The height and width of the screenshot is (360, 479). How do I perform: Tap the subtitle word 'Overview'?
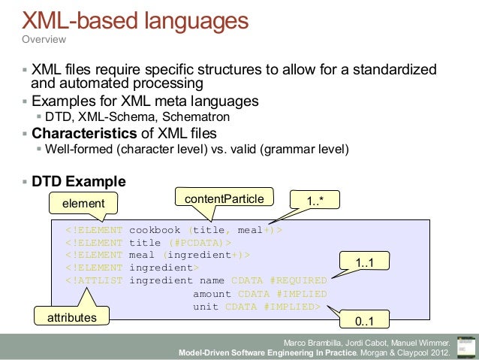[44, 39]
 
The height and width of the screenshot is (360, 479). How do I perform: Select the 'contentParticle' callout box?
[224, 198]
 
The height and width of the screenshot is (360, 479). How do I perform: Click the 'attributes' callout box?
[72, 318]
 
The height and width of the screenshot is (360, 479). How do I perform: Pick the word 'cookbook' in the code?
[155, 230]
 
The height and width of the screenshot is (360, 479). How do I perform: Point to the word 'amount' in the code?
[212, 294]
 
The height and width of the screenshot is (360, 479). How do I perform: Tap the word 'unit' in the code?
[206, 307]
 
